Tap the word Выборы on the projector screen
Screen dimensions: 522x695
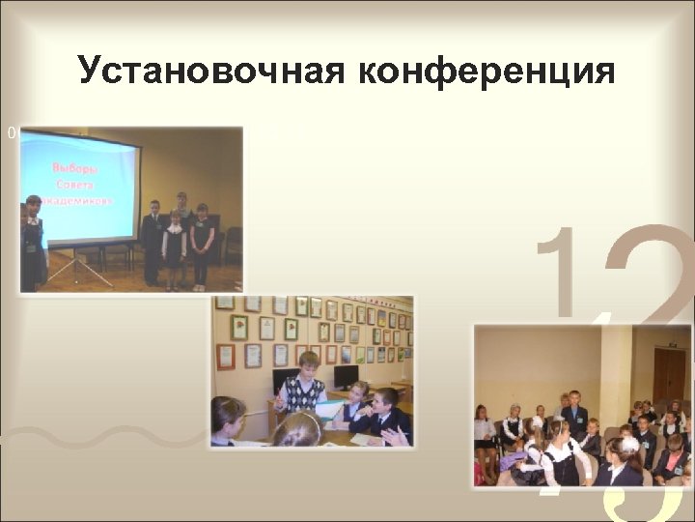coord(79,168)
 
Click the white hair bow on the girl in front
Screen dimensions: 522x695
coord(629,444)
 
